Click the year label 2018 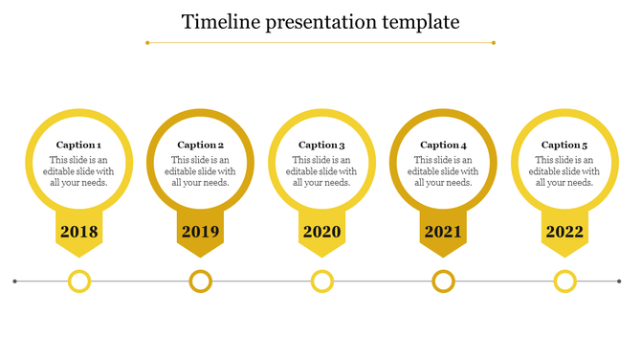[79, 232]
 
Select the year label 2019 [201, 232]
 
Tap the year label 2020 [322, 232]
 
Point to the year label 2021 [443, 232]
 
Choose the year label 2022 [564, 232]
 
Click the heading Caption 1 [78, 146]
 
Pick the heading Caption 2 [200, 146]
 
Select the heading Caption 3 [321, 146]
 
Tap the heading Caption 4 [443, 146]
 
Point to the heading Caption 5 [564, 146]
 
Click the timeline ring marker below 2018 [79, 281]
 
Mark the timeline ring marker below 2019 [201, 281]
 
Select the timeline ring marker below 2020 [322, 281]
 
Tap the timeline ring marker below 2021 [443, 281]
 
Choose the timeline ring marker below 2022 [565, 281]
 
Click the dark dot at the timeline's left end [15, 281]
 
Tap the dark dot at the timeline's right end [620, 281]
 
